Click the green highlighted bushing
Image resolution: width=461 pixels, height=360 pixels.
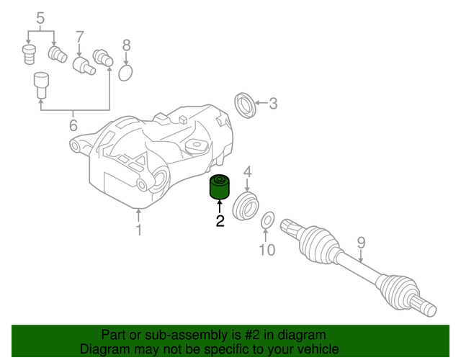click(x=218, y=187)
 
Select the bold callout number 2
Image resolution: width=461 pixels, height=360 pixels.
click(x=220, y=222)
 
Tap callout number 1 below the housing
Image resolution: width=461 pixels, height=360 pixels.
click(x=139, y=230)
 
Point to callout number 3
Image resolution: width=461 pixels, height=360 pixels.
click(x=272, y=104)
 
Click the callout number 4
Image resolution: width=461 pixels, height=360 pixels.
click(x=247, y=171)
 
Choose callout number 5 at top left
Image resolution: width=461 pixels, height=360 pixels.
click(x=40, y=17)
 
